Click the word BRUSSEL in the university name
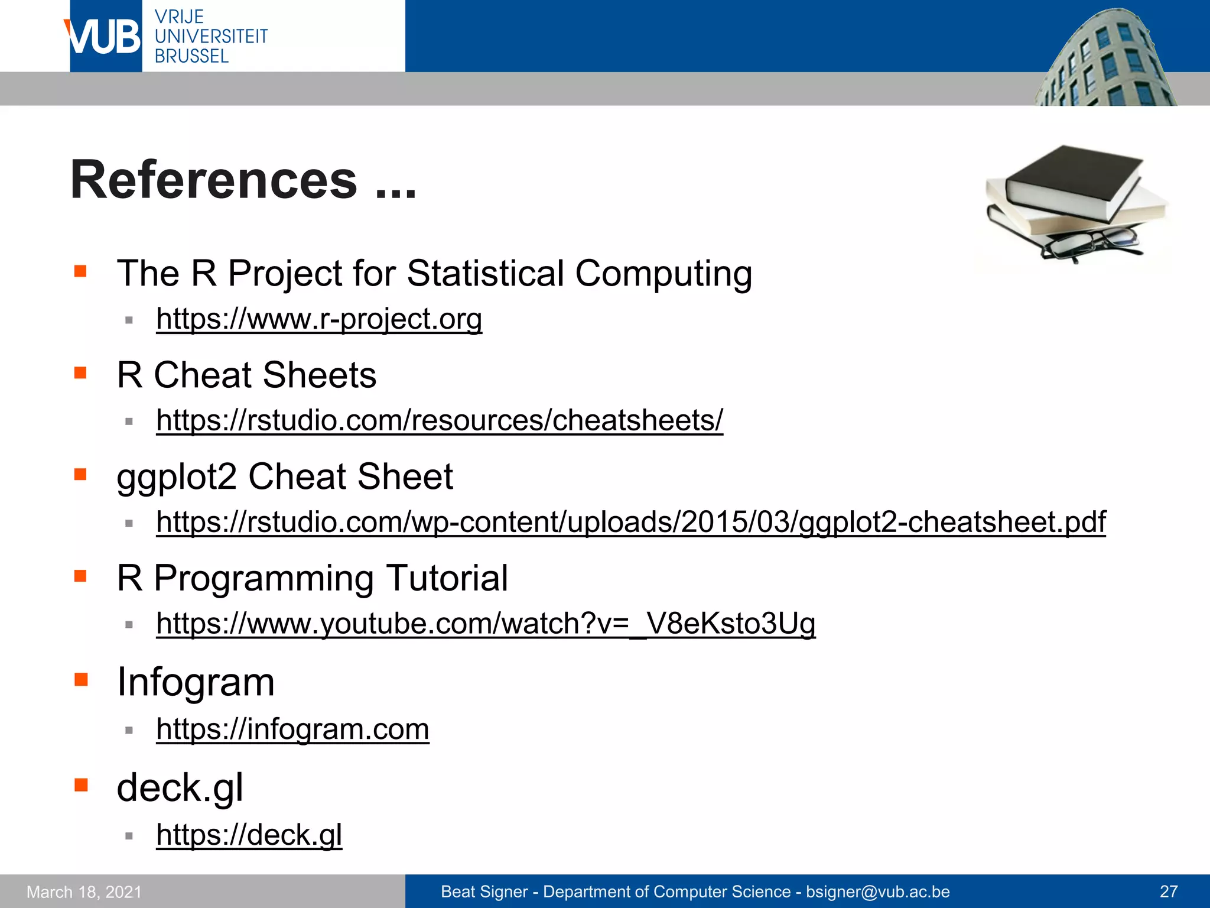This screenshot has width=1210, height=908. (191, 57)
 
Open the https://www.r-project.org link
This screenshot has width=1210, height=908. (319, 319)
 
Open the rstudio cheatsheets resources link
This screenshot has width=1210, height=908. (439, 421)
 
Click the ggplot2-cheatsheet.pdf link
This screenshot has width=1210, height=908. (630, 522)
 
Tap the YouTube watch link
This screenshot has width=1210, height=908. (486, 624)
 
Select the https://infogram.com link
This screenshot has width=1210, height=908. (292, 729)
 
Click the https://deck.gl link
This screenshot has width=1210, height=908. (249, 835)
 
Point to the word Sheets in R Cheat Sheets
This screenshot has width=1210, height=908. (319, 375)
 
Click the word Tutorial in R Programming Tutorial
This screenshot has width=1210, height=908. (447, 578)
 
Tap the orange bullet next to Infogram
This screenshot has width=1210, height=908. (81, 680)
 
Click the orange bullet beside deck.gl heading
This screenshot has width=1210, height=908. (81, 786)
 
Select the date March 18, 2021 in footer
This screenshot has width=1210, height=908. (84, 891)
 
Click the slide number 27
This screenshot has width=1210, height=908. (1169, 891)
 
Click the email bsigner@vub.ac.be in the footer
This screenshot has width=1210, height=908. (878, 891)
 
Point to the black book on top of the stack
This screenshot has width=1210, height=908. (1072, 180)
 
